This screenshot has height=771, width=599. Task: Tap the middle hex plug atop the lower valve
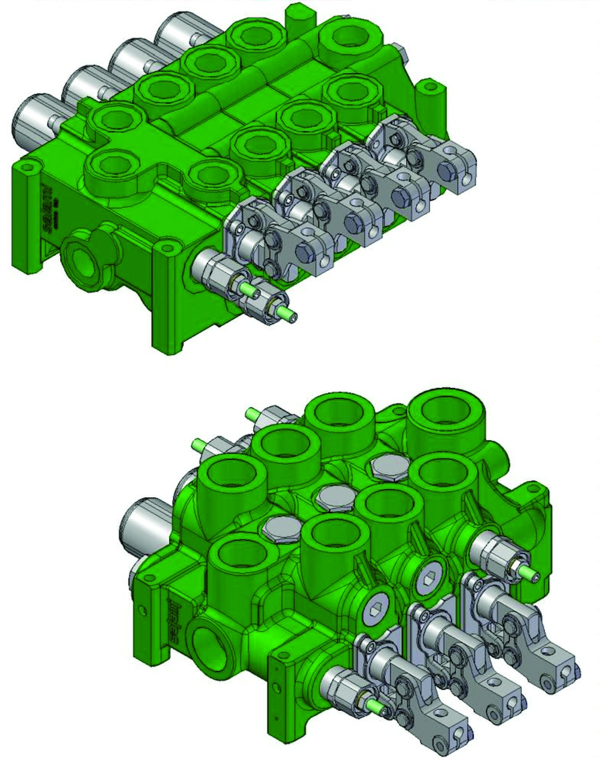click(x=333, y=496)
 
